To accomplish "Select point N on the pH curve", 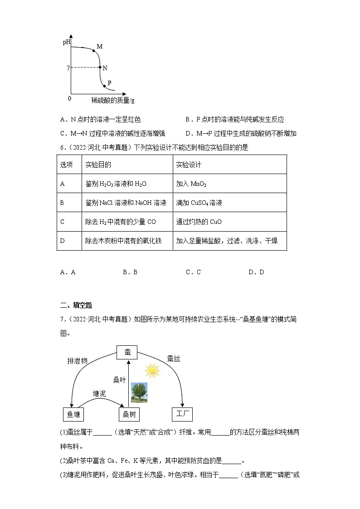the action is click(x=100, y=68).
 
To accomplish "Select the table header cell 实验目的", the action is click(x=98, y=165).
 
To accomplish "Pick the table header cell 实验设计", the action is click(x=189, y=165).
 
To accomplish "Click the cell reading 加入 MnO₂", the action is click(x=191, y=184).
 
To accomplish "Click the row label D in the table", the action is click(x=63, y=241).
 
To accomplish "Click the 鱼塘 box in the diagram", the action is click(x=73, y=414).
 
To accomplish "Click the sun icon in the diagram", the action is click(x=152, y=371).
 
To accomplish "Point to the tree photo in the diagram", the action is click(x=139, y=393).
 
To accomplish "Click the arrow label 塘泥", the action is click(x=100, y=393).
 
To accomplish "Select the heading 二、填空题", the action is click(x=76, y=305).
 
